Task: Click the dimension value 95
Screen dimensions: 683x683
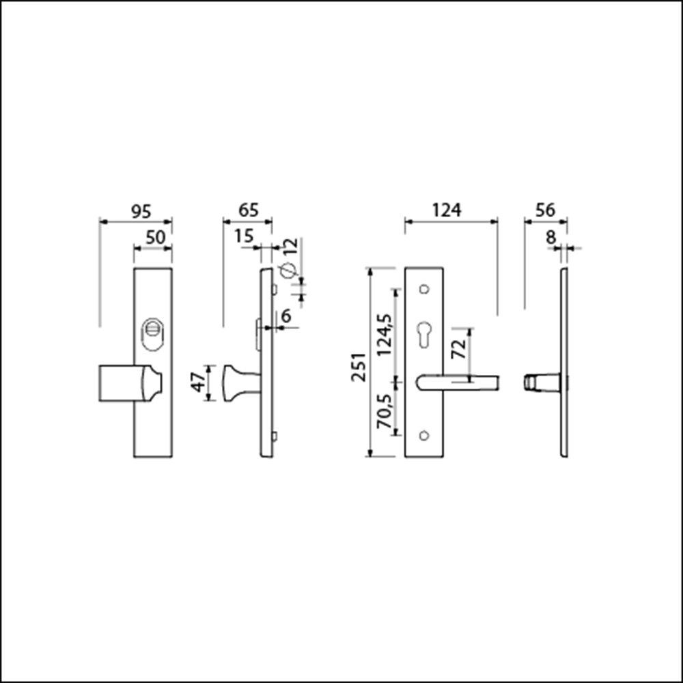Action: point(141,212)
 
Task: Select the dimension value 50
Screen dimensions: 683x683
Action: point(156,238)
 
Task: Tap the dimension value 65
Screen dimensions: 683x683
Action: point(249,210)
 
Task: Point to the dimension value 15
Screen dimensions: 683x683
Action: point(244,236)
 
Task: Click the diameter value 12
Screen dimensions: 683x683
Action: point(291,247)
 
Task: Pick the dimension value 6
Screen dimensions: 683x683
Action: point(286,316)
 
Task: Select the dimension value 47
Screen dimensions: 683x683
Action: point(199,382)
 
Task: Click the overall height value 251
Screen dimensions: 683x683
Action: point(359,367)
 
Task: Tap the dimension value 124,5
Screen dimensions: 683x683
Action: point(385,335)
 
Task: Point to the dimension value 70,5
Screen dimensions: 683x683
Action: point(385,411)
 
